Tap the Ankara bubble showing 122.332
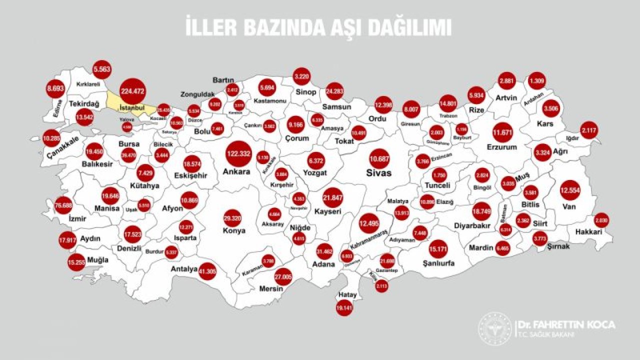237,153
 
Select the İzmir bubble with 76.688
63,205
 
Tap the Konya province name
234,230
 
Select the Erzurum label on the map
501,147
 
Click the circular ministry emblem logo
495,328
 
